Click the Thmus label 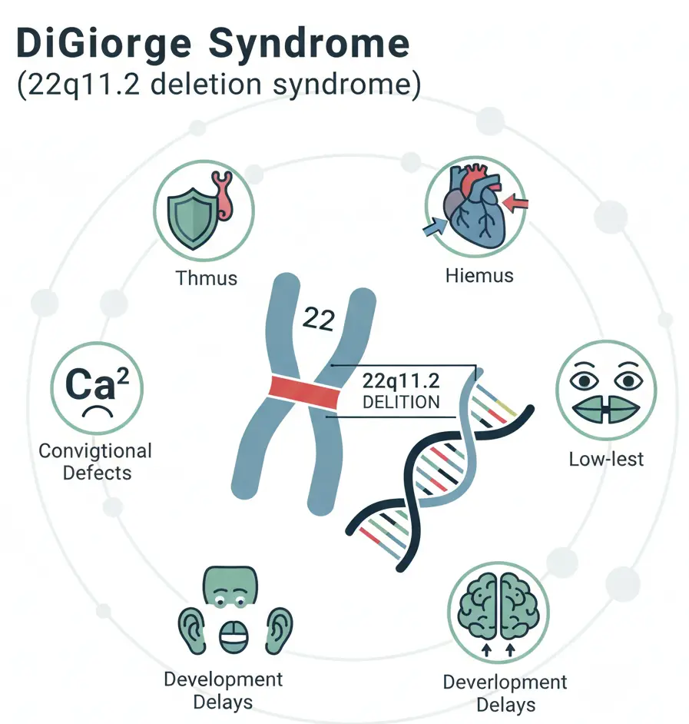pos(206,277)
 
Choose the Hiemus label pos(479,275)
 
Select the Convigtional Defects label pos(95,461)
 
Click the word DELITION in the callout pos(402,401)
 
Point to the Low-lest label pos(606,460)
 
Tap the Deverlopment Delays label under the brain pos(505,692)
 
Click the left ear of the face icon pos(189,626)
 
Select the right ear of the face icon pos(280,626)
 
